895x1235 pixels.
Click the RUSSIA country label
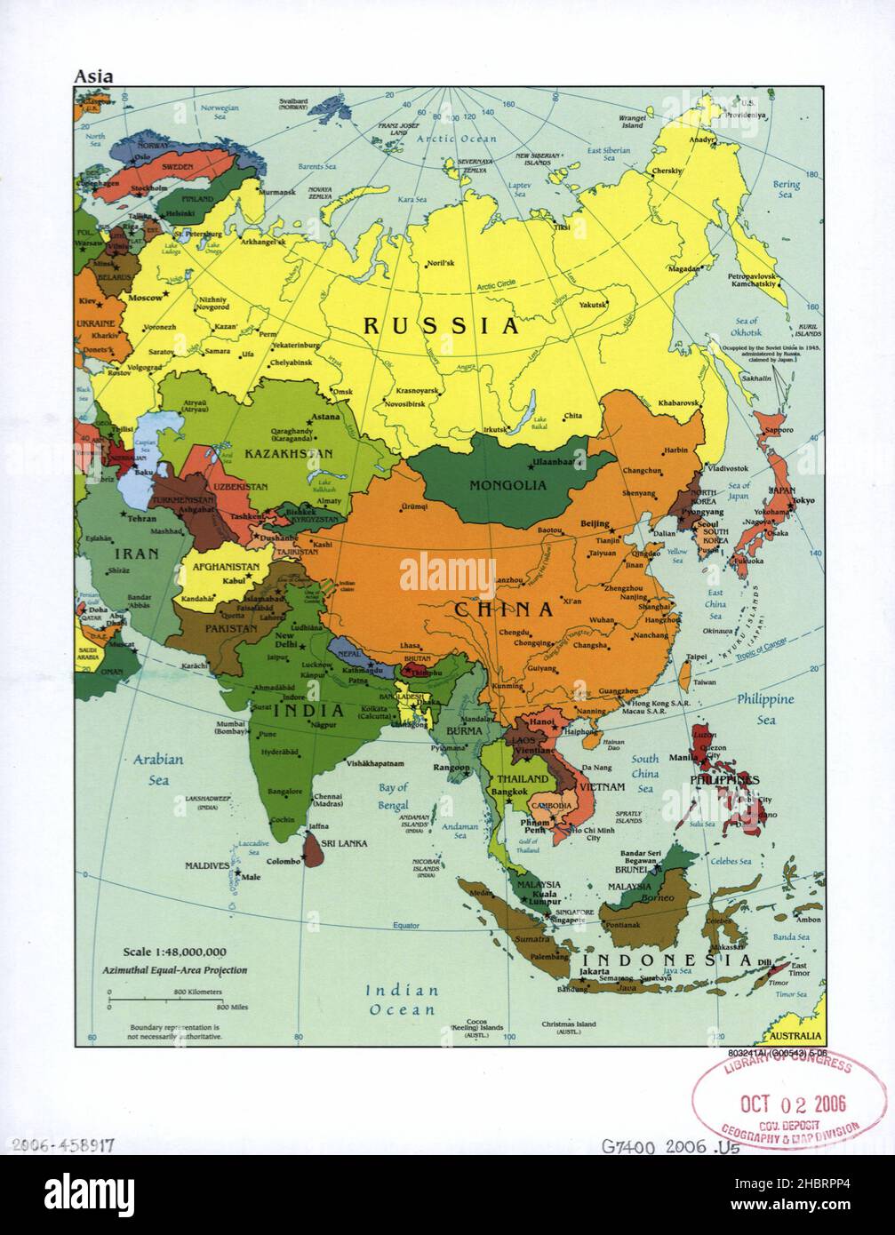pyautogui.click(x=441, y=326)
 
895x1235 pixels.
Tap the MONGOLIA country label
pyautogui.click(x=508, y=485)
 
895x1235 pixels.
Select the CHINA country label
pyautogui.click(x=504, y=610)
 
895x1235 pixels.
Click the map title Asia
pyautogui.click(x=93, y=76)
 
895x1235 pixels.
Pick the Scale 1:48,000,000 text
pyautogui.click(x=175, y=952)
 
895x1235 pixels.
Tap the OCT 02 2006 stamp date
pyautogui.click(x=794, y=1104)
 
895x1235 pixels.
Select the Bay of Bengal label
pyautogui.click(x=393, y=796)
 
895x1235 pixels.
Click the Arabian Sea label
pyautogui.click(x=158, y=769)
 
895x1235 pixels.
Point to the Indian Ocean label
pyautogui.click(x=404, y=1000)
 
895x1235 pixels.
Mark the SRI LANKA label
pyautogui.click(x=345, y=842)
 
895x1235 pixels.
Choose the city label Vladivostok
pyautogui.click(x=728, y=468)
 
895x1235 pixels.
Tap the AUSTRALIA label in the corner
pyautogui.click(x=795, y=1036)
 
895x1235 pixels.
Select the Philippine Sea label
pyautogui.click(x=765, y=709)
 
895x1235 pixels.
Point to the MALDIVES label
pyautogui.click(x=207, y=864)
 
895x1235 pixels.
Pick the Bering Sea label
pyautogui.click(x=786, y=189)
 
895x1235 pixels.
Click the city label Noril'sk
pyautogui.click(x=441, y=263)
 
